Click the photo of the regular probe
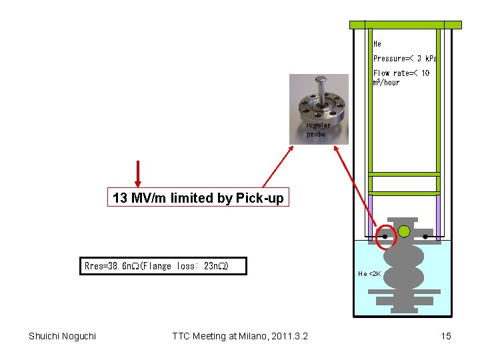pyautogui.click(x=319, y=100)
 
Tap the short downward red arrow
pyautogui.click(x=137, y=174)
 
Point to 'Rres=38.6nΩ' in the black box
pyautogui.click(x=111, y=266)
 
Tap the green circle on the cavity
pyautogui.click(x=404, y=231)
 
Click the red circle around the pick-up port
pyautogui.click(x=385, y=236)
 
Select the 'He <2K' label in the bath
pyautogui.click(x=369, y=273)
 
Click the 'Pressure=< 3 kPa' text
pyautogui.click(x=405, y=59)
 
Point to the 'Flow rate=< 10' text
pyautogui.click(x=401, y=73)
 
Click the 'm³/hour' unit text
pyautogui.click(x=387, y=83)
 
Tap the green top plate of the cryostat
pyautogui.click(x=405, y=25)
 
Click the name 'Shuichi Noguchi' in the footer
pyautogui.click(x=62, y=336)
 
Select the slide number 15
pyautogui.click(x=446, y=336)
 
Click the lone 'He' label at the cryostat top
pyautogui.click(x=377, y=44)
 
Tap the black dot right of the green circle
pyautogui.click(x=425, y=236)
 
